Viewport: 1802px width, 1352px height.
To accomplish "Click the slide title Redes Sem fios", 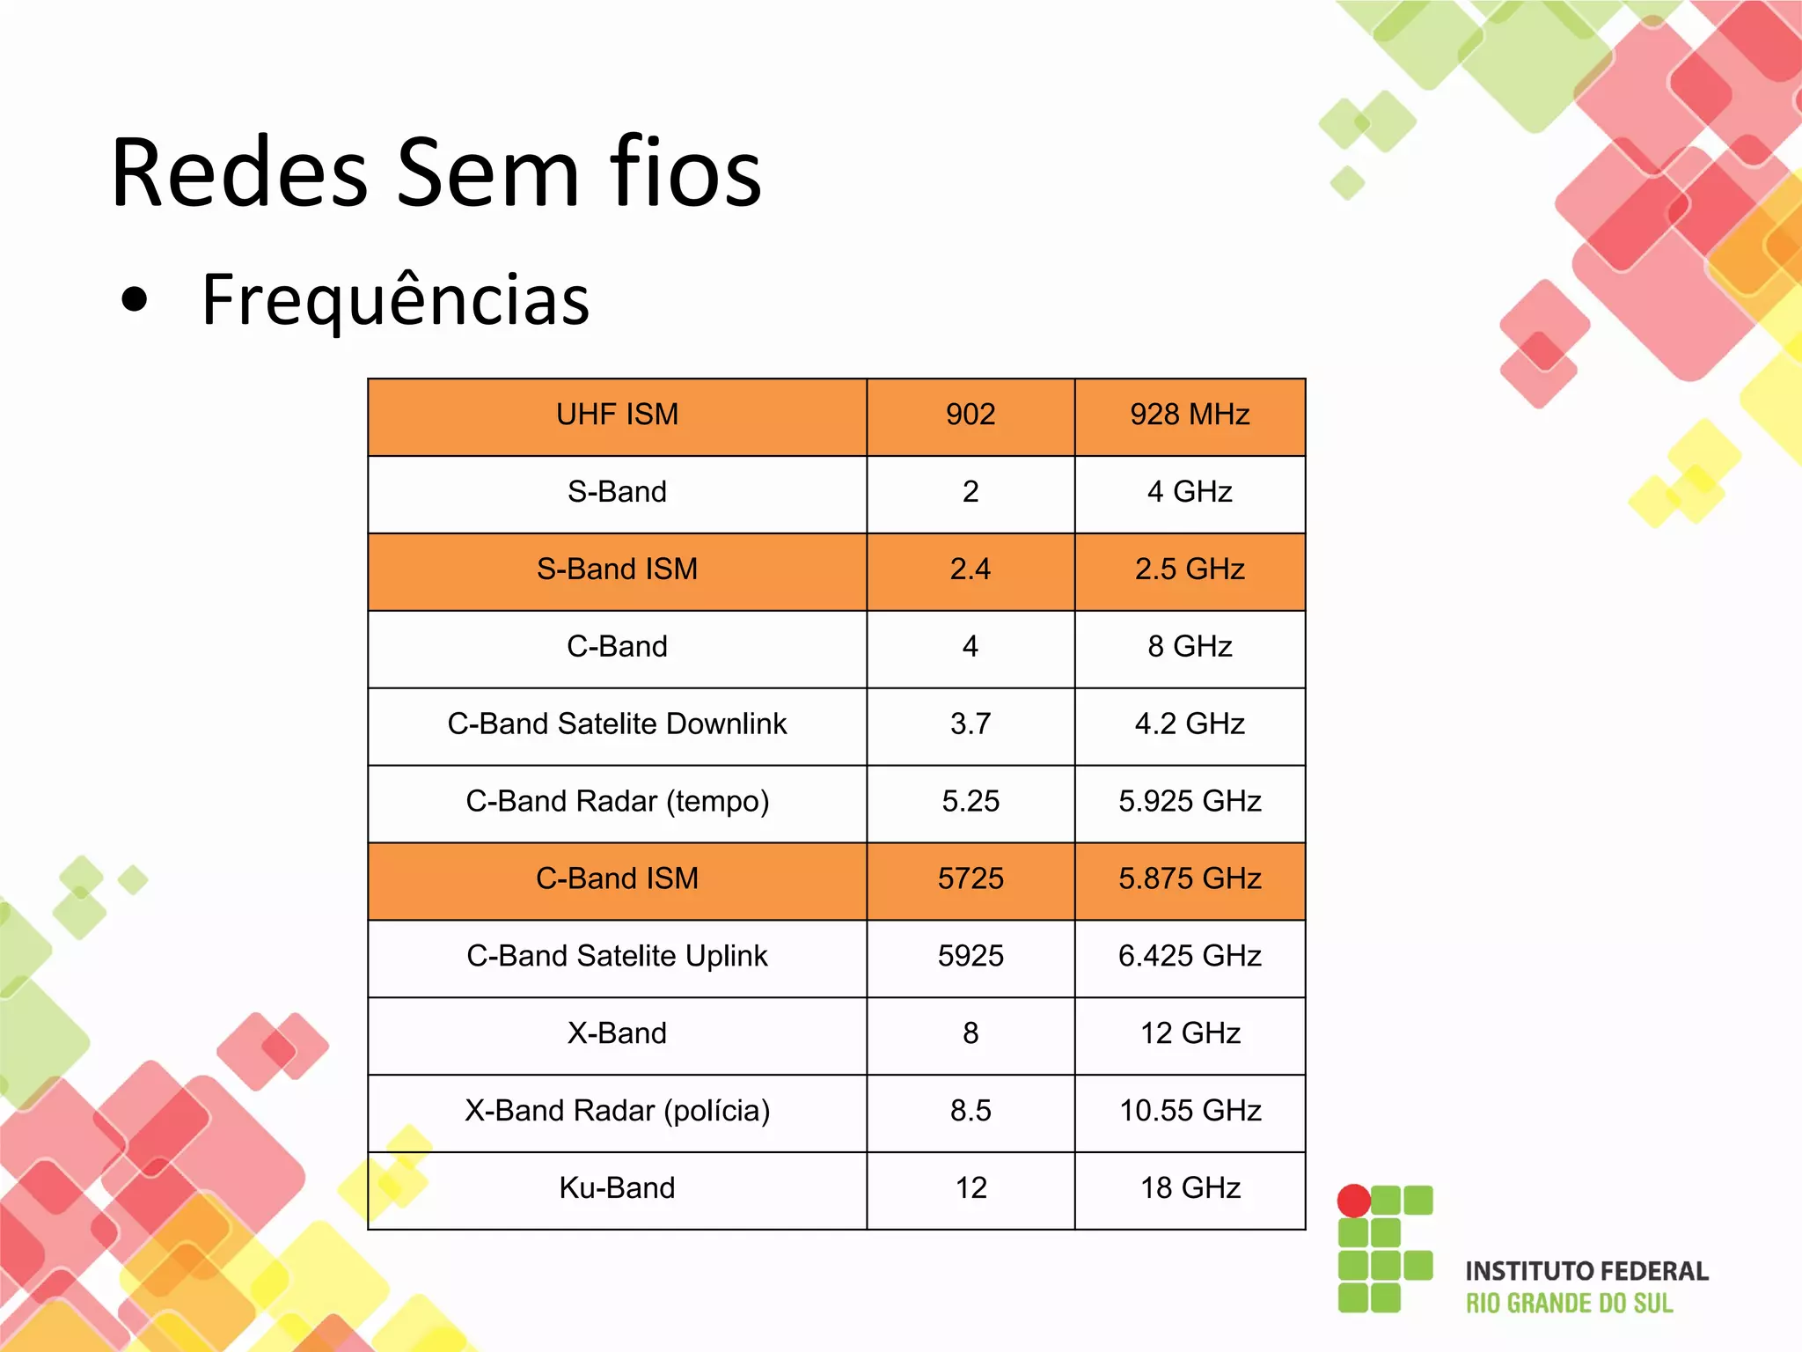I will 436,173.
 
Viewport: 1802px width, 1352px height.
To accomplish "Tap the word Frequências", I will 395,299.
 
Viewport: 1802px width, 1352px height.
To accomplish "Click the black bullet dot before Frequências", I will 135,300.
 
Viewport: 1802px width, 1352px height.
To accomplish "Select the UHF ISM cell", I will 617,415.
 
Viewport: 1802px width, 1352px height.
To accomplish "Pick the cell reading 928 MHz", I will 1190,415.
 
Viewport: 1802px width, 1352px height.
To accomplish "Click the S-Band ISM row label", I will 617,569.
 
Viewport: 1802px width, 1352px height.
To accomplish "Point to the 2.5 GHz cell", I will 1190,569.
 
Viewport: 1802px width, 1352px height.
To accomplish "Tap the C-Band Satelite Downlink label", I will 617,724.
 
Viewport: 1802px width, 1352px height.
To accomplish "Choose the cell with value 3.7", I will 971,724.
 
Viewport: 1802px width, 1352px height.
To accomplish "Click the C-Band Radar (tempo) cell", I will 617,802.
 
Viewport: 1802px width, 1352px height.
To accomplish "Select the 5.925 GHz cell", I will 1190,802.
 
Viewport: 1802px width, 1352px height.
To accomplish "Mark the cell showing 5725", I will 971,878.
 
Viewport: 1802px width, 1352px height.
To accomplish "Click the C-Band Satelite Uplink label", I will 617,956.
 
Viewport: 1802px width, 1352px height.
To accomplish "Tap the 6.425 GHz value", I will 1190,956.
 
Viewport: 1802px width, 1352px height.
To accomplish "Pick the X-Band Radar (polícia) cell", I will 617,1111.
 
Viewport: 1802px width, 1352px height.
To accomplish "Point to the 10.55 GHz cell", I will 1190,1111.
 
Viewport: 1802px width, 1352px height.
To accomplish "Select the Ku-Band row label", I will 617,1188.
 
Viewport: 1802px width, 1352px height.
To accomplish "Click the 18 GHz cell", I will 1190,1188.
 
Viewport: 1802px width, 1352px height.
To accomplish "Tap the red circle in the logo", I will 1353,1201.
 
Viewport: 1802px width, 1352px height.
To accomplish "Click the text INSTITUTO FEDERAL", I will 1586,1271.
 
